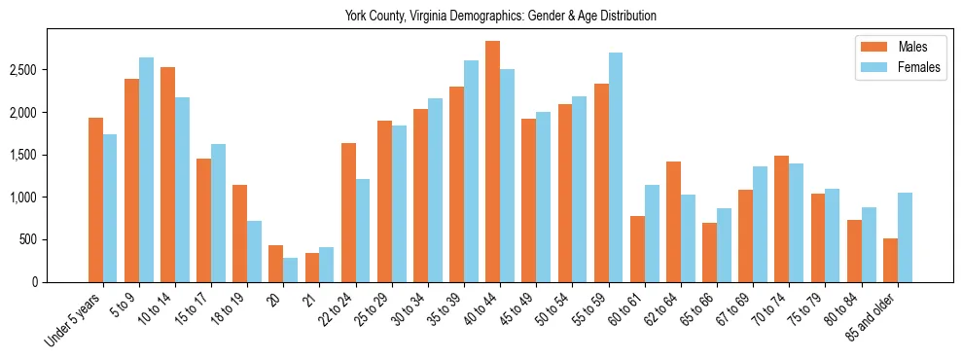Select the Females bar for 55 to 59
pyautogui.click(x=616, y=167)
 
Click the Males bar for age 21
pyautogui.click(x=312, y=268)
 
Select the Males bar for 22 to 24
pyautogui.click(x=348, y=212)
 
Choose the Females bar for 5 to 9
pyautogui.click(x=146, y=169)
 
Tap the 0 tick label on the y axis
pyautogui.click(x=61, y=282)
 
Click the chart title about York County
pyautogui.click(x=500, y=17)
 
